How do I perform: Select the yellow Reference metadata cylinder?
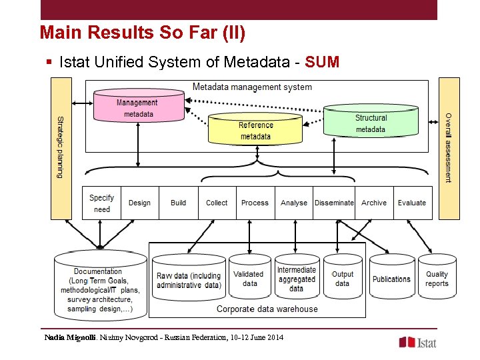[x=255, y=130]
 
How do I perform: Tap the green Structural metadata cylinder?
[x=370, y=123]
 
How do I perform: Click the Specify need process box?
[x=101, y=203]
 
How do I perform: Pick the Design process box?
[x=139, y=203]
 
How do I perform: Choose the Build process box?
[x=178, y=203]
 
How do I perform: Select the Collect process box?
[x=217, y=203]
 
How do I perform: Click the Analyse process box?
[x=294, y=203]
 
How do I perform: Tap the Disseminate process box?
[x=334, y=203]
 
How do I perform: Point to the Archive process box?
[x=373, y=203]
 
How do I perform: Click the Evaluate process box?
[x=412, y=203]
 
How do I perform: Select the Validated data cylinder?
[x=249, y=279]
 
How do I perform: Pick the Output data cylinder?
[x=342, y=279]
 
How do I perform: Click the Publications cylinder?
[x=391, y=279]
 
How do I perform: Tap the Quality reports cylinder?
[x=437, y=279]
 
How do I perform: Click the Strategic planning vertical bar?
[x=61, y=148]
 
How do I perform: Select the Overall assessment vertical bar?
[x=449, y=148]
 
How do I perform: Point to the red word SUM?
[x=322, y=63]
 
